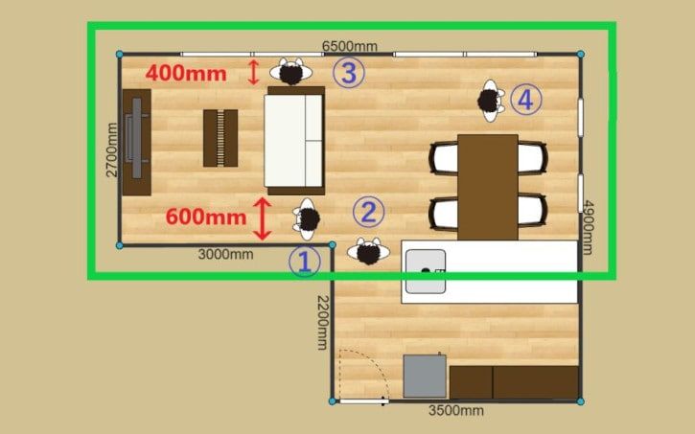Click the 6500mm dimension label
coord(350,46)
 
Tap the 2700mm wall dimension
coord(112,149)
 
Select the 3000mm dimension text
coord(225,254)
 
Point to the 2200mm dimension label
coord(324,323)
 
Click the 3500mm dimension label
coord(455,411)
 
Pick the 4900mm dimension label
coord(588,227)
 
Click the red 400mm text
coord(186,73)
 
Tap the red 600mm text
coord(206,217)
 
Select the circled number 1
coord(305,262)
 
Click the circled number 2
coord(369,212)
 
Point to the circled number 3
coord(349,72)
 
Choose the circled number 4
coord(525,100)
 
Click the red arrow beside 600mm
coord(263,218)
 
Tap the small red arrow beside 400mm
coord(253,72)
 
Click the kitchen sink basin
coord(426,271)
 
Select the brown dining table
coord(488,188)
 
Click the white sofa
coord(294,141)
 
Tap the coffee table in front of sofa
coord(220,138)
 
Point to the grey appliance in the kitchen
coord(425,376)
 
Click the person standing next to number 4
coord(490,101)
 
